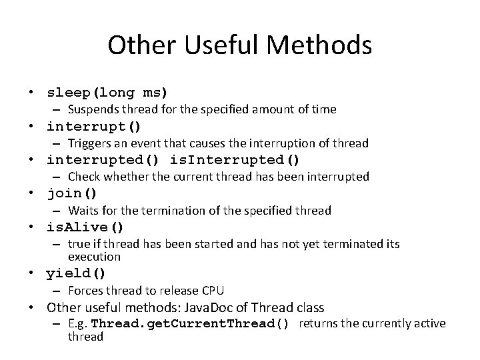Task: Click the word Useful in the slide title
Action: (x=218, y=46)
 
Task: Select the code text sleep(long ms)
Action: (x=107, y=92)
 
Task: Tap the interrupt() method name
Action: (x=94, y=126)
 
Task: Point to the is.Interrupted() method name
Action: (x=235, y=160)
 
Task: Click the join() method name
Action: (x=72, y=194)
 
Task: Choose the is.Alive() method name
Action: (x=85, y=227)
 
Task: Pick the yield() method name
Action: (x=76, y=273)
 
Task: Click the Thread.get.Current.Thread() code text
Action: (x=190, y=324)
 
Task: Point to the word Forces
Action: (x=85, y=291)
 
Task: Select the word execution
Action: (x=94, y=257)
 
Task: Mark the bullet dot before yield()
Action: (x=31, y=274)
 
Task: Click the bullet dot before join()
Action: (x=31, y=195)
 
